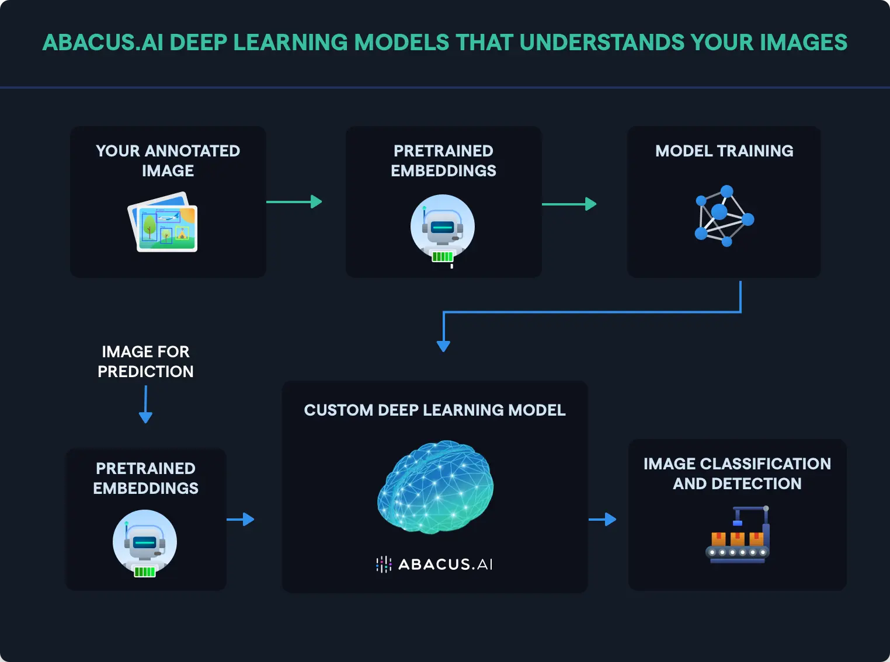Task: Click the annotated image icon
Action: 163,222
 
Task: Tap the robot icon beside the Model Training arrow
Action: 443,228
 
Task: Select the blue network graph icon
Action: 724,216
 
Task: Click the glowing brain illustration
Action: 436,487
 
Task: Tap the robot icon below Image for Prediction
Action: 145,543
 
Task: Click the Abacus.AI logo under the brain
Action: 434,564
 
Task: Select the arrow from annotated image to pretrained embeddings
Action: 294,202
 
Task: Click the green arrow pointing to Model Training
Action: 569,204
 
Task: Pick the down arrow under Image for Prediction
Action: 145,405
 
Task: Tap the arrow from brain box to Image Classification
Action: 602,519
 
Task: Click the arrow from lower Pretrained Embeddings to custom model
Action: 240,519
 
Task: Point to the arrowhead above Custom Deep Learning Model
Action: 443,345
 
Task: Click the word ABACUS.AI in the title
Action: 103,43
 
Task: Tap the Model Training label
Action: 724,151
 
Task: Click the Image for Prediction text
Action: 145,361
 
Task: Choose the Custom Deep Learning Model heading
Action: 434,410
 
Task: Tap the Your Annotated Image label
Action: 168,161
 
